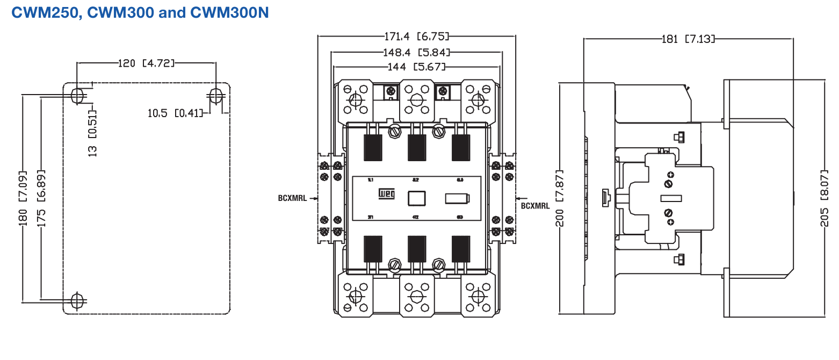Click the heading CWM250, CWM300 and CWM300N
(140, 12)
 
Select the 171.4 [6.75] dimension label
(416, 37)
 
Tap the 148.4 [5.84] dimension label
(416, 52)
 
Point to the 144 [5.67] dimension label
(416, 67)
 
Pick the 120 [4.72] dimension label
(146, 63)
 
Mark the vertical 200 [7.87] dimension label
(560, 199)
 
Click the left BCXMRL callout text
(293, 198)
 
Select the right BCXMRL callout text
(535, 205)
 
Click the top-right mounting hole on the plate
(216, 96)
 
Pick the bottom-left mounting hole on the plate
(78, 300)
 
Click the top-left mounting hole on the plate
(78, 96)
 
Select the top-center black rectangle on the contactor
(416, 148)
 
